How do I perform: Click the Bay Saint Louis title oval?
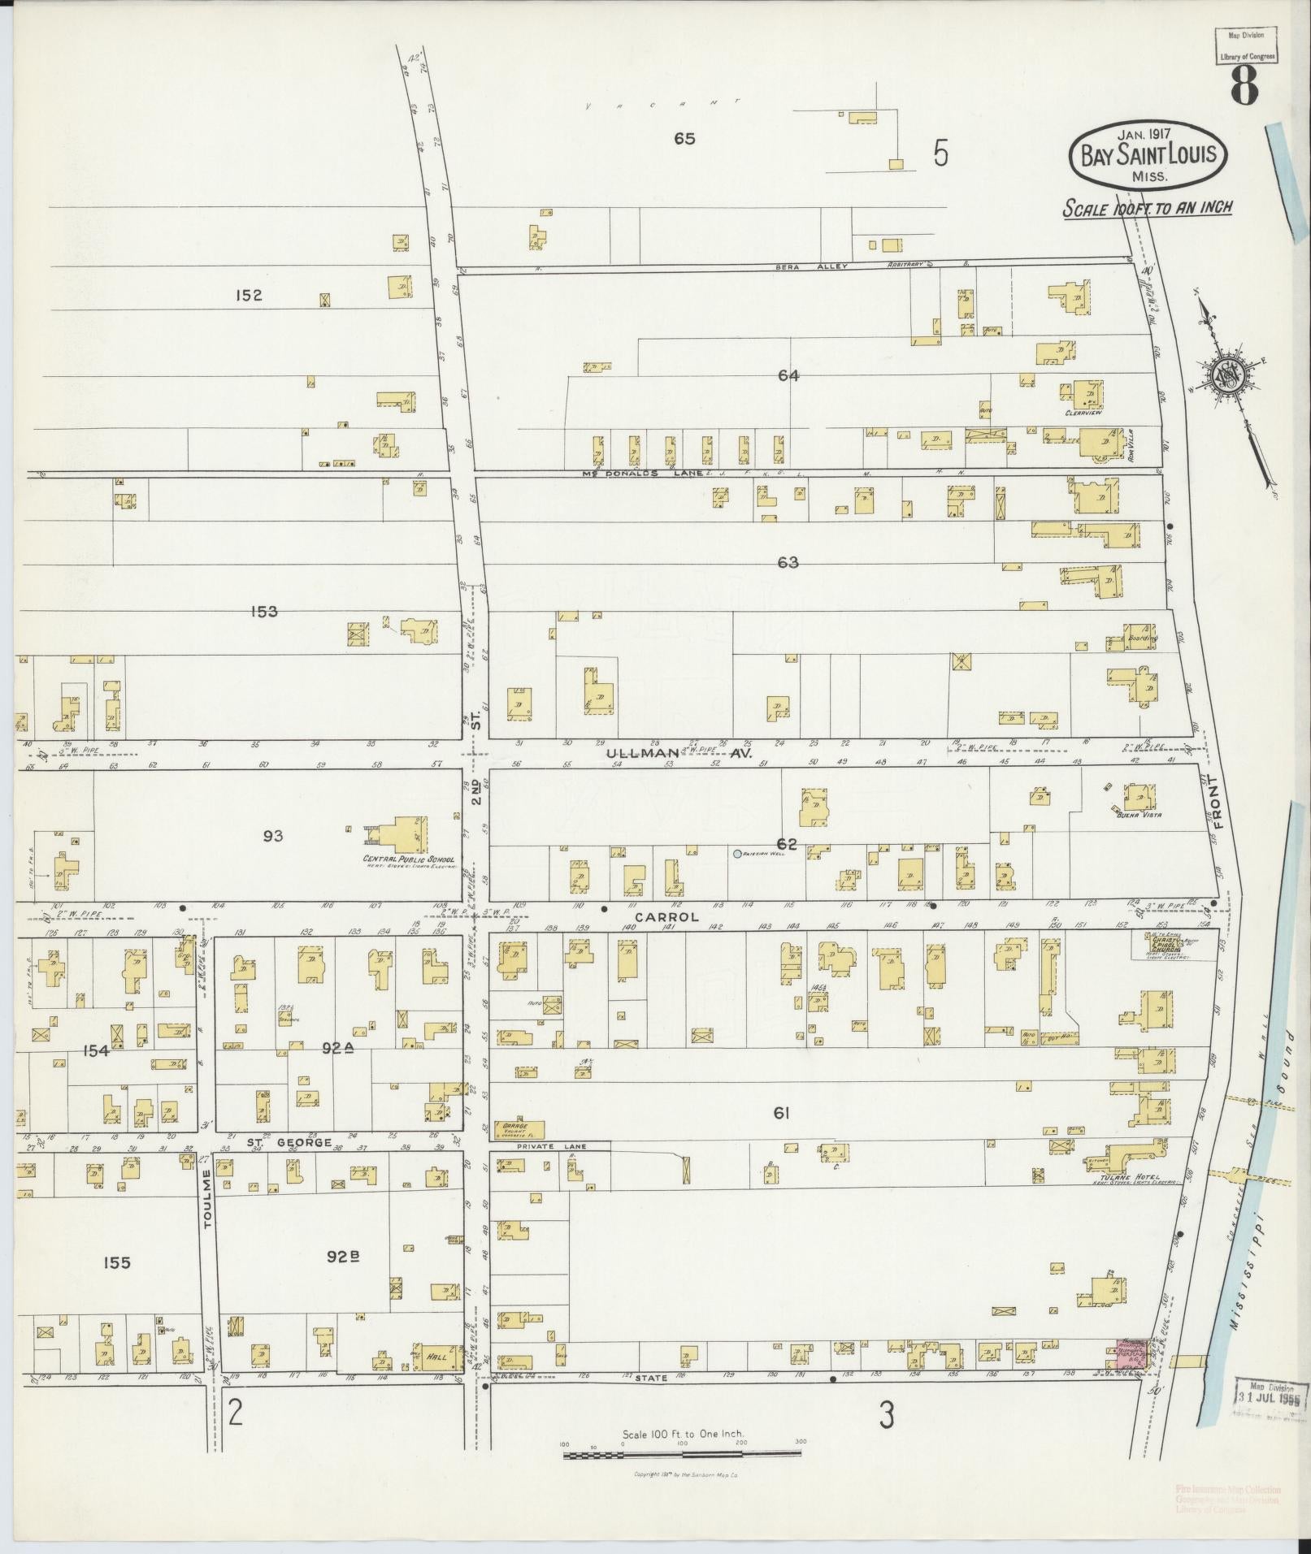pos(1148,155)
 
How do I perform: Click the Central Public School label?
pos(409,859)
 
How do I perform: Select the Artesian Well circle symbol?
pos(736,854)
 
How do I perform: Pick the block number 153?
pos(264,611)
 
